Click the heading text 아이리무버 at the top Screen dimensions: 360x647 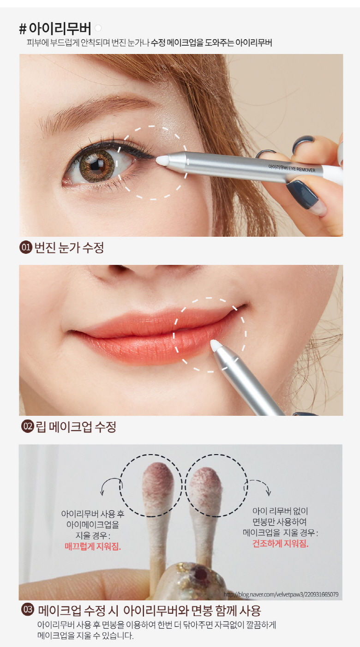pyautogui.click(x=60, y=28)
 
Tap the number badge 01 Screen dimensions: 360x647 pyautogui.click(x=26, y=248)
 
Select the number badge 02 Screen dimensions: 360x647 pyautogui.click(x=27, y=426)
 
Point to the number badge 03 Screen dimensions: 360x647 pyautogui.click(x=28, y=610)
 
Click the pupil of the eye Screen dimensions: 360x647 pyautogui.click(x=95, y=166)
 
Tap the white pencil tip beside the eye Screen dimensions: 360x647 pyautogui.click(x=162, y=161)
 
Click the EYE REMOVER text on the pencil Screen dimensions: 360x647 pyautogui.click(x=302, y=169)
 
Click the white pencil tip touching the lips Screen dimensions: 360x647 pyautogui.click(x=216, y=345)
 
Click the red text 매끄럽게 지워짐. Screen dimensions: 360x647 pyautogui.click(x=93, y=546)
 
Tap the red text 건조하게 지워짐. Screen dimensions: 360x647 pyautogui.click(x=281, y=544)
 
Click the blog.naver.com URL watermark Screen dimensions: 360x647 pyautogui.click(x=281, y=594)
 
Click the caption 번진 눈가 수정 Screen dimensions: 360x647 pyautogui.click(x=69, y=248)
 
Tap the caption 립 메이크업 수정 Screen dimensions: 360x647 pyautogui.click(x=76, y=426)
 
